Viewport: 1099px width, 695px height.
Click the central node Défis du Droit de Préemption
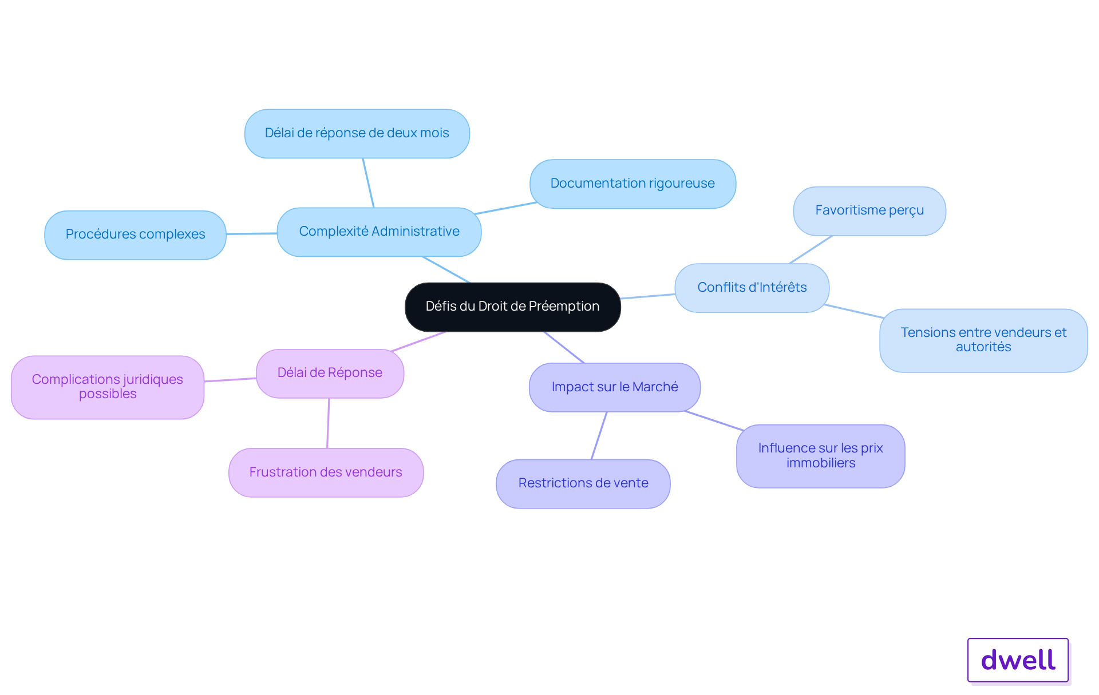(x=512, y=307)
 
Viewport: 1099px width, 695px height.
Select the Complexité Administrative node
(x=379, y=232)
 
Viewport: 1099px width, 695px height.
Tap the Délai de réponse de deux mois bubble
(x=357, y=133)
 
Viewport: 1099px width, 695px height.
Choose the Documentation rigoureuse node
(x=632, y=184)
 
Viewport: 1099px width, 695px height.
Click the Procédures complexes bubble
(x=135, y=235)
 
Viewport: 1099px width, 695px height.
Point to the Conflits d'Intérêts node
(x=752, y=288)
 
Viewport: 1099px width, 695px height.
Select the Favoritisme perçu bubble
(x=869, y=211)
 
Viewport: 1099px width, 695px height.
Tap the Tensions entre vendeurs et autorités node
(x=983, y=340)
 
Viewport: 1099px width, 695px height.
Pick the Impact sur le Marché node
(x=615, y=387)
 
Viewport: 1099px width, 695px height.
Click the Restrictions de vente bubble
(x=583, y=483)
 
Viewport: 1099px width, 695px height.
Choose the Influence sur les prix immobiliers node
(x=821, y=456)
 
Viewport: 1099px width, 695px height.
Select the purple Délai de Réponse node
(x=330, y=373)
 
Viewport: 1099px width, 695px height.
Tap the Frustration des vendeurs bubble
(x=326, y=472)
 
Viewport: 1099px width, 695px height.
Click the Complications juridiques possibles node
(x=108, y=387)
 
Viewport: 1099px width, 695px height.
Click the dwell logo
(x=1018, y=660)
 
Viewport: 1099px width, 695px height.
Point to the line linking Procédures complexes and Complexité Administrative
(x=252, y=233)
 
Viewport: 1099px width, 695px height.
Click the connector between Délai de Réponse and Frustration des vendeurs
(x=328, y=423)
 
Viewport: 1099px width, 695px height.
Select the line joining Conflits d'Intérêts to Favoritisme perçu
(x=811, y=249)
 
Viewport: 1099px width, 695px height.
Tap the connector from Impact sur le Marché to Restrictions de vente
(x=599, y=435)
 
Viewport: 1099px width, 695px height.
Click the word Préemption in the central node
(x=564, y=307)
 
